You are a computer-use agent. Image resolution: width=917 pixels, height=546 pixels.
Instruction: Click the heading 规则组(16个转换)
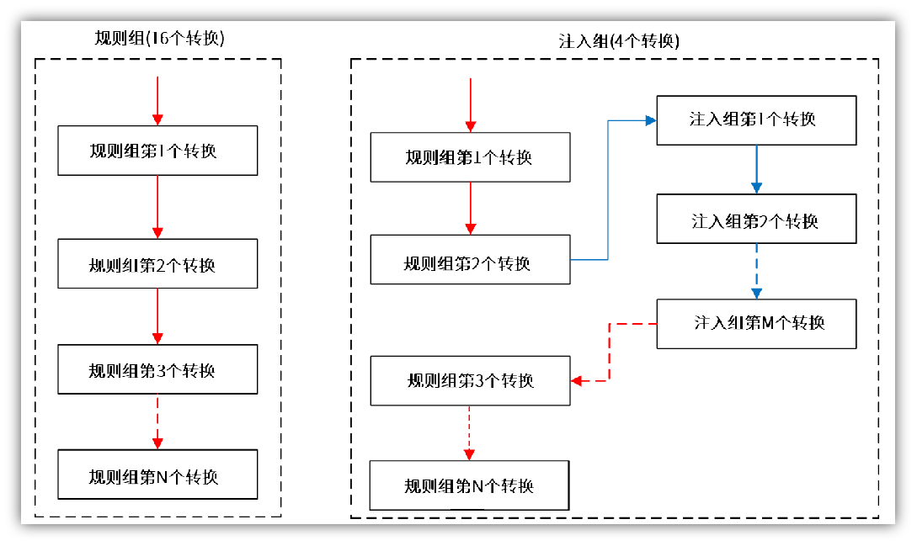(159, 39)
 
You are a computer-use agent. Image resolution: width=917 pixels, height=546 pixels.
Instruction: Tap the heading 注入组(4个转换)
(619, 41)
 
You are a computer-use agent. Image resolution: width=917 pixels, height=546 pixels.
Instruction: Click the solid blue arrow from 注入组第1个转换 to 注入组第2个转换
(756, 170)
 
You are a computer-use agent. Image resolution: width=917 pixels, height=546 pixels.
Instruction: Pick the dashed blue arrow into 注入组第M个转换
(756, 271)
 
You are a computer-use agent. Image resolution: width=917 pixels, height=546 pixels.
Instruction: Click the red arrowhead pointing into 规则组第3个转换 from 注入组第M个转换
(577, 381)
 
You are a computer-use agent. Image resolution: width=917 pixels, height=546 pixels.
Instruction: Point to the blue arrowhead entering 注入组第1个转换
(651, 120)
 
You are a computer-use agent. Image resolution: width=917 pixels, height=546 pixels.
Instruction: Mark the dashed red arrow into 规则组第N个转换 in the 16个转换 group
(157, 422)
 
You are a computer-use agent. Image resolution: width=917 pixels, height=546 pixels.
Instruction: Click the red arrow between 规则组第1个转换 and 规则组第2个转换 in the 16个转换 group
(157, 207)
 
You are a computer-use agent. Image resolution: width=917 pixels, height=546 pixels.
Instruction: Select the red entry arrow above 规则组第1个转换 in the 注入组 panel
(470, 105)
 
